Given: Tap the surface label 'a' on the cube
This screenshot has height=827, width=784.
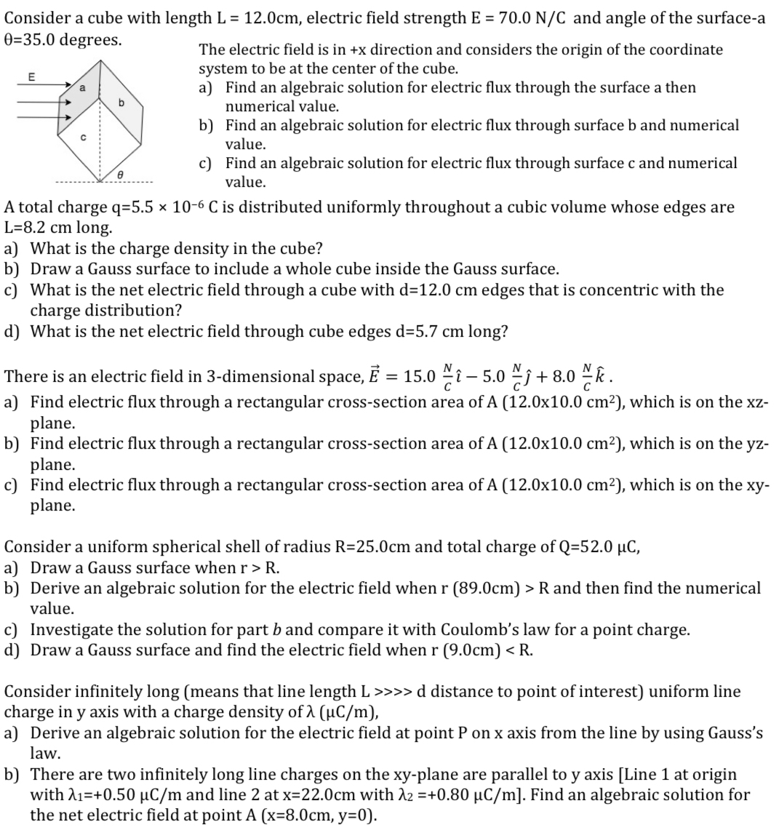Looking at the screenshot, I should pyautogui.click(x=81, y=87).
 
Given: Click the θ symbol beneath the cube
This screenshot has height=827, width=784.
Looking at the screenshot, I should pyautogui.click(x=120, y=174).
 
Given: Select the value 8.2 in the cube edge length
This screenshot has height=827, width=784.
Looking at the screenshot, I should pyautogui.click(x=44, y=227).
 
